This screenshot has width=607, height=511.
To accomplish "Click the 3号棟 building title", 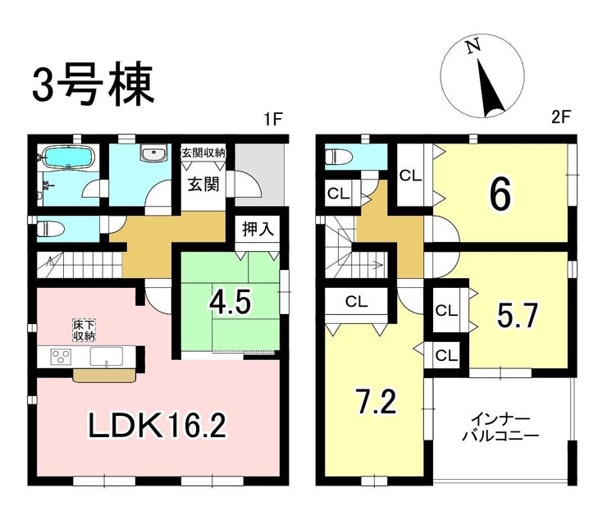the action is tap(94, 87).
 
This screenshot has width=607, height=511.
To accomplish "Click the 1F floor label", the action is tap(272, 118).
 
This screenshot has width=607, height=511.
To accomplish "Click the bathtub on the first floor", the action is tap(68, 157).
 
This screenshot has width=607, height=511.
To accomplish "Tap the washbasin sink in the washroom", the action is tap(154, 153).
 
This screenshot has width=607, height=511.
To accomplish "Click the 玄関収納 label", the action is tap(203, 153).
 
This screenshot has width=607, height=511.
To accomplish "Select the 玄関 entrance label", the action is tap(203, 184).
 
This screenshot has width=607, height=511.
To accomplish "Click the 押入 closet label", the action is tap(258, 229).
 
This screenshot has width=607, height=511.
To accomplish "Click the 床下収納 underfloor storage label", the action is tap(84, 330).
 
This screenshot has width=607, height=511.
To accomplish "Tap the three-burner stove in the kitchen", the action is tap(62, 356).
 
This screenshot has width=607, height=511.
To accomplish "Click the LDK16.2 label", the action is tap(157, 424).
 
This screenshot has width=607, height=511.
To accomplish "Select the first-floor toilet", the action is tap(50, 228).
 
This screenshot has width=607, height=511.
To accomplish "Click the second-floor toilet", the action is tap(338, 157).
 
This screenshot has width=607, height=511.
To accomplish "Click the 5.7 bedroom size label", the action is tap(518, 316).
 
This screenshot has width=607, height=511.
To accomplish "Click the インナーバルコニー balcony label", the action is tap(501, 428).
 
